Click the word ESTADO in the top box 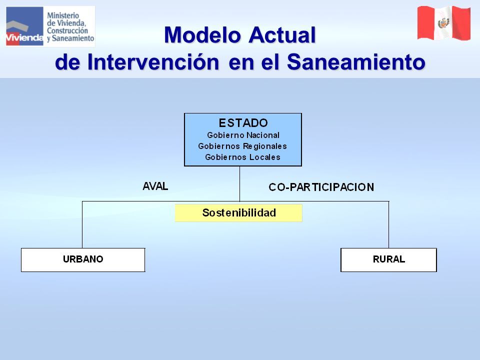(x=243, y=123)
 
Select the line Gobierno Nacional (x=243, y=135)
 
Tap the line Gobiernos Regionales (x=242, y=146)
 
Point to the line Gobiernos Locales (x=242, y=157)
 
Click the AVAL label (x=155, y=186)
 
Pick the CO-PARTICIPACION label (x=321, y=187)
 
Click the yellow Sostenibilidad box (x=238, y=213)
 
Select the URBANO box (x=83, y=260)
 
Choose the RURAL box (x=388, y=260)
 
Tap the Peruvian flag (x=443, y=23)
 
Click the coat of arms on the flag (x=443, y=23)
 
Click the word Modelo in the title (x=202, y=35)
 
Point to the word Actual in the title (x=282, y=35)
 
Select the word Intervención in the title (x=153, y=62)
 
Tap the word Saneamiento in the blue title (x=356, y=62)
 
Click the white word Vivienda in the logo (x=24, y=37)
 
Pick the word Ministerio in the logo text (x=63, y=15)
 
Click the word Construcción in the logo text (x=67, y=30)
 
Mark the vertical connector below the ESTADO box (x=239, y=183)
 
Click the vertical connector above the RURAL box (x=389, y=224)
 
